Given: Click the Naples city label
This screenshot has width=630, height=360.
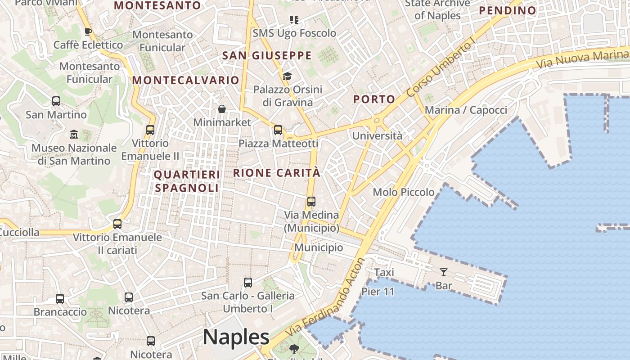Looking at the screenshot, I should pos(236,337).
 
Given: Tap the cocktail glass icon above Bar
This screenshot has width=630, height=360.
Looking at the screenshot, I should pos(444,272).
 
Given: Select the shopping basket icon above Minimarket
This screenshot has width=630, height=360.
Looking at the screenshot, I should pos(222,109).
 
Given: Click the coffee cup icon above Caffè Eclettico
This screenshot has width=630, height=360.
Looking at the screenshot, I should pos(88,31).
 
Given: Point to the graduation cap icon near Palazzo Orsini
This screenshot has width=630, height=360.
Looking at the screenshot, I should pos(287,76).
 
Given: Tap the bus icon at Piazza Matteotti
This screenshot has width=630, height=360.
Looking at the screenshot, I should pos(278,130).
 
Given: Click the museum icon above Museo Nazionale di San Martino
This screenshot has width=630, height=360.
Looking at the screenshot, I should pos(74,134).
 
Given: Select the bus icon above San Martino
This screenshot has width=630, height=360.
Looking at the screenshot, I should pos(56,101).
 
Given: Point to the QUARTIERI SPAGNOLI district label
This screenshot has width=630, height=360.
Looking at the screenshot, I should pos(187,181).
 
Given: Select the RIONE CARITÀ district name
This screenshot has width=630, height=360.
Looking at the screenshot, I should pos(277,173).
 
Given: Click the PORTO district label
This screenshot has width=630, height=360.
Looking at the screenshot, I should pos(374,99).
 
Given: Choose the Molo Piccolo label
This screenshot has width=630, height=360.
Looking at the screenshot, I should pos(404,192).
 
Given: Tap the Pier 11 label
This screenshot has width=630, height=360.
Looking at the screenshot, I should pos(378,292).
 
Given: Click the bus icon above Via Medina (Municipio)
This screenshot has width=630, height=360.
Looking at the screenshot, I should pos(311,201).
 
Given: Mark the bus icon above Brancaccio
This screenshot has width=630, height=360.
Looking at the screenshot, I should pos(60,298).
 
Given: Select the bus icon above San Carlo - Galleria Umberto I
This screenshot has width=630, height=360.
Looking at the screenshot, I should pos(248,283).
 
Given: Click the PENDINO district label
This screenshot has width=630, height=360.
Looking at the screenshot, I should pos(507,10).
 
